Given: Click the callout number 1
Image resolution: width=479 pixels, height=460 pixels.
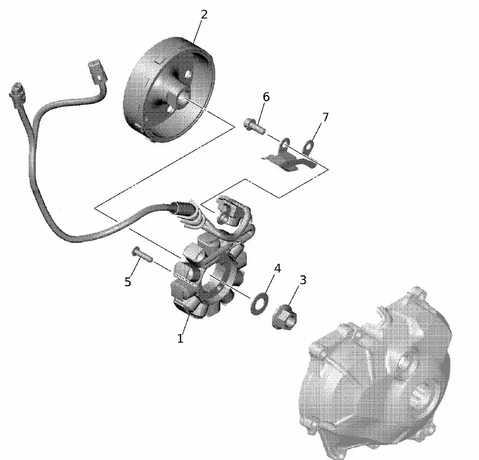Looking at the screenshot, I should click(x=180, y=339).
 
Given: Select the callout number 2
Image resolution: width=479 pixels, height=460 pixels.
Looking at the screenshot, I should click(x=204, y=14).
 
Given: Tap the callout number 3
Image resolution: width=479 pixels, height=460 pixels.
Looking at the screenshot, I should click(x=302, y=280).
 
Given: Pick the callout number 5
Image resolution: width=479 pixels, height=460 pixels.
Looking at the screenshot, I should click(x=127, y=282).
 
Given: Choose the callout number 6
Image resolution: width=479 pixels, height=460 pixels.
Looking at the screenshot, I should click(x=266, y=97).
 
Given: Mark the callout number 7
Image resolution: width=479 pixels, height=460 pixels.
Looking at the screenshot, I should click(x=325, y=117).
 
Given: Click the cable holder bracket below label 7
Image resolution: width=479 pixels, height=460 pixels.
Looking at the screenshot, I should click(x=290, y=160).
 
